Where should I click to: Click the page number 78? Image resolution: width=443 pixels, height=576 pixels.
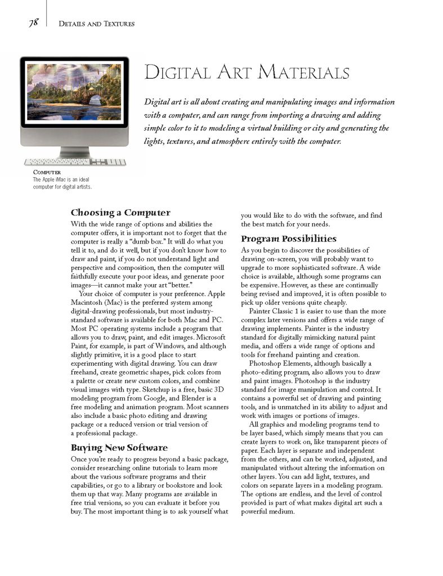click(33, 22)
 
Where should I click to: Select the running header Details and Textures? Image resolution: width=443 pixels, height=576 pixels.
click(96, 24)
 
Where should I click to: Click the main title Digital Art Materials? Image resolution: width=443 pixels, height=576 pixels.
click(247, 73)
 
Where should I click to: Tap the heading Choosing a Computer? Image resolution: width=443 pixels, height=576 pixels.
click(120, 213)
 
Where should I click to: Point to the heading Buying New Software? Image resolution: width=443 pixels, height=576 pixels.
click(119, 448)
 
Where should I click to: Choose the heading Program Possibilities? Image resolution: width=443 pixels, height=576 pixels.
click(289, 238)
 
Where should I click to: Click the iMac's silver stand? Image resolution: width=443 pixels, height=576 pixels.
click(74, 151)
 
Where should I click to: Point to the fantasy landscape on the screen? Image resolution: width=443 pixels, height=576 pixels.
click(74, 92)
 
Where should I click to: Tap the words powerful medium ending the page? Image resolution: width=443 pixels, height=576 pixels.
click(267, 512)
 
